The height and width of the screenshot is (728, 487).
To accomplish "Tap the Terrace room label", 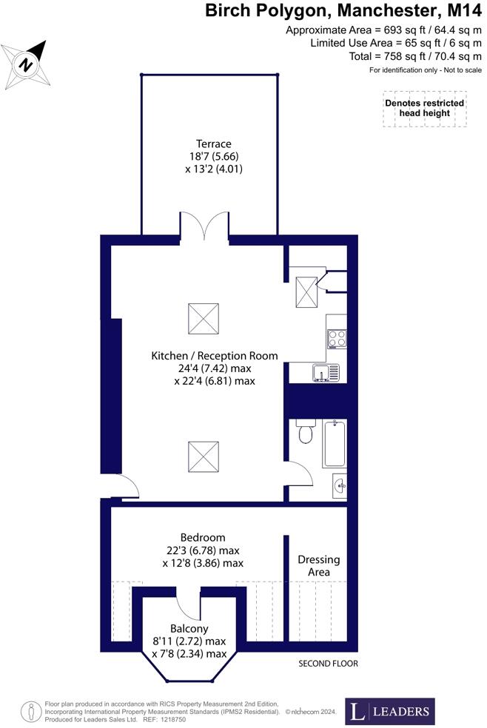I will click(214, 144).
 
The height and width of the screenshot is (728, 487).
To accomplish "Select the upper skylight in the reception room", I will click(203, 318).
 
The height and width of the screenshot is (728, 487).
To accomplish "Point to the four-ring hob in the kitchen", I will click(336, 339).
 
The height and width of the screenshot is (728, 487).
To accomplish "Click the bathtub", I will click(335, 443).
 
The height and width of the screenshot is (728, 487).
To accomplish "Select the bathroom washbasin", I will click(338, 485).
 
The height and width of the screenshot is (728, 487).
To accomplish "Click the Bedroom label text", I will click(203, 537).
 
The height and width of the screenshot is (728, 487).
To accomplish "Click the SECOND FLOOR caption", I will click(328, 664).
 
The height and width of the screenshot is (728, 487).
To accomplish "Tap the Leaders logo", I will click(389, 712).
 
